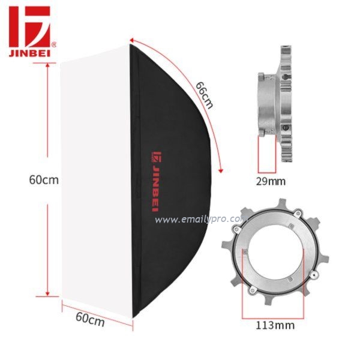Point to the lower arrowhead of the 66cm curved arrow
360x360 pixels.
(x=221, y=170)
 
